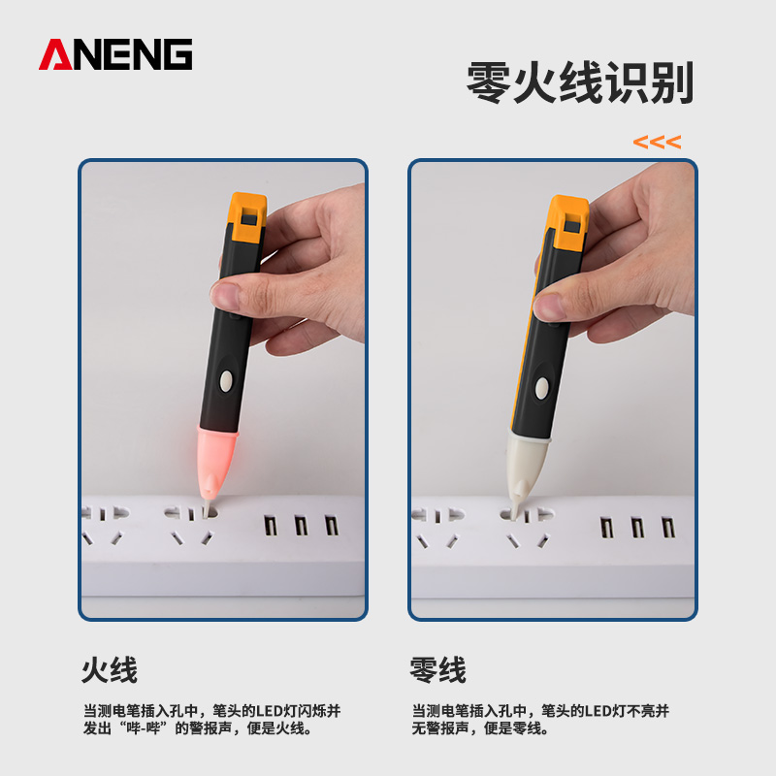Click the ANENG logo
pyautogui.click(x=115, y=54)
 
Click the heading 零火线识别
pyautogui.click(x=580, y=84)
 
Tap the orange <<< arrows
pyautogui.click(x=657, y=143)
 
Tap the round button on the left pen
pyautogui.click(x=227, y=380)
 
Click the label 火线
pyautogui.click(x=110, y=670)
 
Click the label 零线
pyautogui.click(x=438, y=670)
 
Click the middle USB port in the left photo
pyautogui.click(x=301, y=527)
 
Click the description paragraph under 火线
pyautogui.click(x=211, y=719)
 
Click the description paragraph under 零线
pyautogui.click(x=540, y=719)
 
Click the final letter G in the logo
pyautogui.click(x=177, y=54)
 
